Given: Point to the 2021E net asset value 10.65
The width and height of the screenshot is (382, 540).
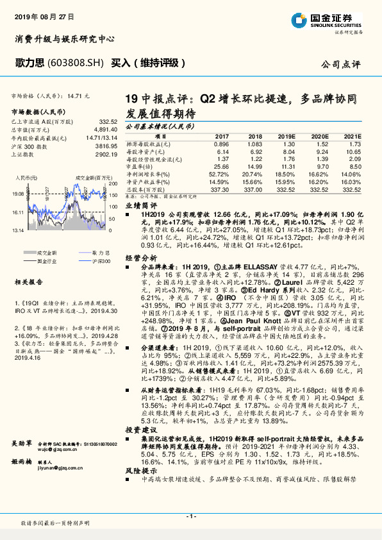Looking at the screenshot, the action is pyautogui.click(x=352, y=151).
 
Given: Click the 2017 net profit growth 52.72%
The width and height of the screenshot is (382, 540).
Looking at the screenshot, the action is pyautogui.click(x=219, y=174).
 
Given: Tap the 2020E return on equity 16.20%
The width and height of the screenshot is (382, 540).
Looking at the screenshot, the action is pyautogui.click(x=318, y=182).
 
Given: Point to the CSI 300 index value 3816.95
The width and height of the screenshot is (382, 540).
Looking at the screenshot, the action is pyautogui.click(x=106, y=146).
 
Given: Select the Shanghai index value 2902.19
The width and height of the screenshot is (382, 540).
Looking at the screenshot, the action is pyautogui.click(x=106, y=154).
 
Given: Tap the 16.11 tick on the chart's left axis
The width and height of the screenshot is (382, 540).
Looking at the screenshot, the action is pyautogui.click(x=17, y=211).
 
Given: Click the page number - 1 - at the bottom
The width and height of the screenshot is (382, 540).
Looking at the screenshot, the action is pyautogui.click(x=191, y=516).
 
